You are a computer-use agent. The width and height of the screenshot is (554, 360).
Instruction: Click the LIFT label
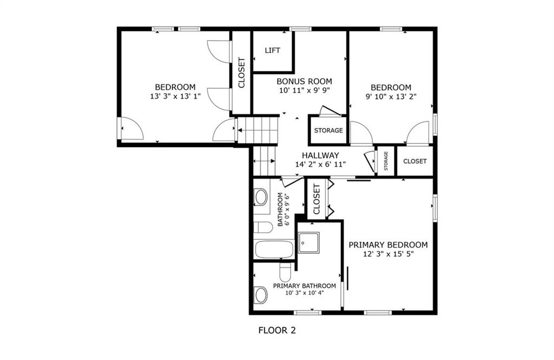point(273,50)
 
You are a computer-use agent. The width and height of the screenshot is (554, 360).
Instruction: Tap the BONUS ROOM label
point(304,82)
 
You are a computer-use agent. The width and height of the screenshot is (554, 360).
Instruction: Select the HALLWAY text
point(320,155)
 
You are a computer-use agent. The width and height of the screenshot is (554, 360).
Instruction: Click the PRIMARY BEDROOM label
point(388,245)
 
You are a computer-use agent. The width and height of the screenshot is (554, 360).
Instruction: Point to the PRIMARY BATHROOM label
point(304,286)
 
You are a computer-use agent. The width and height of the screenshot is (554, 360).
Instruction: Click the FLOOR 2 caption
point(277,331)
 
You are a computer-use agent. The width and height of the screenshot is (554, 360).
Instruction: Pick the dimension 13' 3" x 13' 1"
point(175,96)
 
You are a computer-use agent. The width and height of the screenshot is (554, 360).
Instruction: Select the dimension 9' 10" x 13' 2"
point(391,96)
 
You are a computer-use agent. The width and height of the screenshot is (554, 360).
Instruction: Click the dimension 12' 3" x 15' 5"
point(388,254)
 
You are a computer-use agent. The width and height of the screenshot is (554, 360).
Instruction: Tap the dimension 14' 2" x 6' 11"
point(320,164)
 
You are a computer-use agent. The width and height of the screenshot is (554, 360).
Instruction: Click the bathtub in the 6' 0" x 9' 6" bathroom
point(274,250)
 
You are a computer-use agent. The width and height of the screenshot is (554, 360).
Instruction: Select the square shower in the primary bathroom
point(308,243)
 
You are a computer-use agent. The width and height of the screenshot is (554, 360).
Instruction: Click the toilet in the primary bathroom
point(285,272)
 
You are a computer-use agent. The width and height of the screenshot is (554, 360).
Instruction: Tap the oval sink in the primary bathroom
point(261,295)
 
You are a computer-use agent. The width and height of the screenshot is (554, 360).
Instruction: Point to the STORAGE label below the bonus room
point(328,130)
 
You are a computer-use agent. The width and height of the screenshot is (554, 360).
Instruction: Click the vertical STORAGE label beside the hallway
point(386,161)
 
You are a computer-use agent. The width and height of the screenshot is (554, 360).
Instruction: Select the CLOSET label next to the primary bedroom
point(316,199)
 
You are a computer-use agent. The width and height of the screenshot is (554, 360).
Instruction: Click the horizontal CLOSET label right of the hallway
point(415,161)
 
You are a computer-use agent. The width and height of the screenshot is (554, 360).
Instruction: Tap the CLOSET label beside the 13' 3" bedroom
point(242,73)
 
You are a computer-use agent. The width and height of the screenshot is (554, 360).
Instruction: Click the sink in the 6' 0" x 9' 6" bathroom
point(261,197)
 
